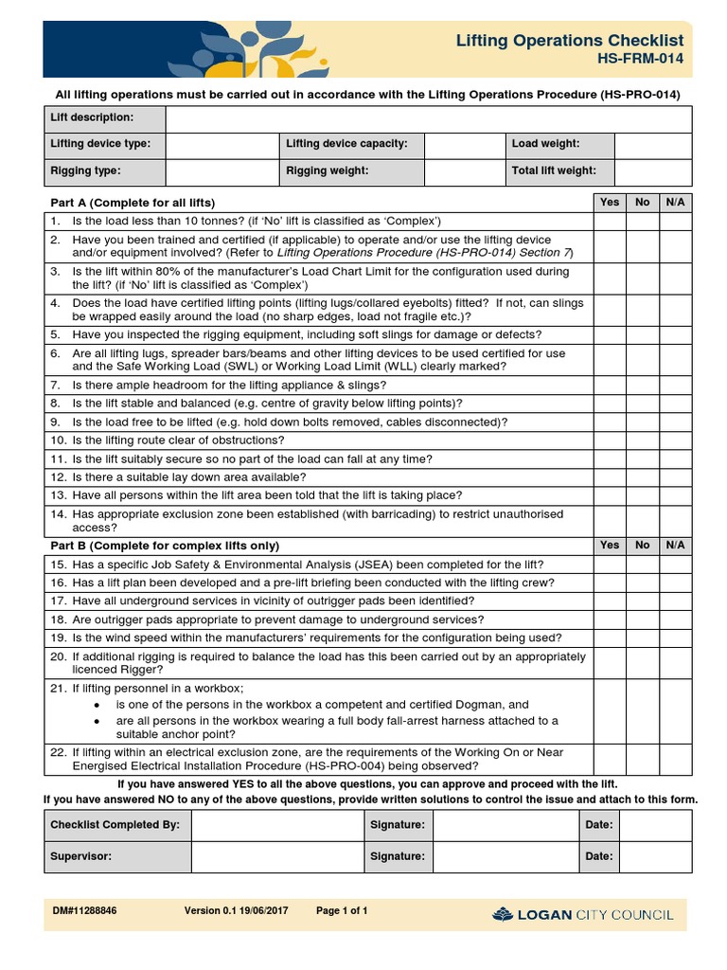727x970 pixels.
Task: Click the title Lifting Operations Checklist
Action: [569, 41]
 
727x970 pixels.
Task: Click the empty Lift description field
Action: [428, 118]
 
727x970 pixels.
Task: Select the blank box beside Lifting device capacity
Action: [463, 145]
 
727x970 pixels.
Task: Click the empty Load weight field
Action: [653, 145]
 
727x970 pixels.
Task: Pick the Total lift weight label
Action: [554, 171]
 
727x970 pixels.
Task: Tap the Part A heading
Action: [133, 203]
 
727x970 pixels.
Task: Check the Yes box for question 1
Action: [611, 221]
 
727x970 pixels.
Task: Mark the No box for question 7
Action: [643, 385]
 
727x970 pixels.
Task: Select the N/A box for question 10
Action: [675, 440]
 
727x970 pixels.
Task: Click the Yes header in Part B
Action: [611, 545]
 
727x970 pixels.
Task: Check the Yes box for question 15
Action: [611, 564]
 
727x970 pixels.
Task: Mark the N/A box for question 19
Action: [675, 638]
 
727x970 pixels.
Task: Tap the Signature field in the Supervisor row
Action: [505, 855]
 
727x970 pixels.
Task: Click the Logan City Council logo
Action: [583, 914]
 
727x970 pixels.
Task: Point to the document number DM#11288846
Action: [85, 911]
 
